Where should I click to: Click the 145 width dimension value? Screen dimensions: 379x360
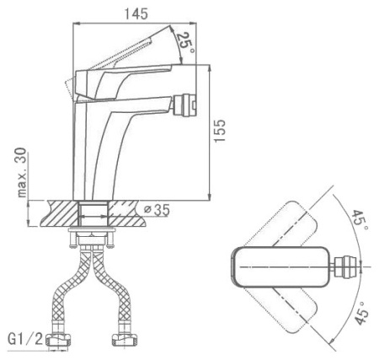tap(136, 13)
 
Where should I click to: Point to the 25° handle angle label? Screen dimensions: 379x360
tap(186, 43)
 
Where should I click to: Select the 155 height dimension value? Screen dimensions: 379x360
tap(220, 131)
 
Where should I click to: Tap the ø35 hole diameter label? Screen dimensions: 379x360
tap(157, 210)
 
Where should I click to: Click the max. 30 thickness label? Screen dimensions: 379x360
tap(21, 172)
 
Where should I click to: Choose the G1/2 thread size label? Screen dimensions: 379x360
tap(25, 339)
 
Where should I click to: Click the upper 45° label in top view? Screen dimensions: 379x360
tap(360, 220)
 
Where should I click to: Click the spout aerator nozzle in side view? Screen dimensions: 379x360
tap(184, 105)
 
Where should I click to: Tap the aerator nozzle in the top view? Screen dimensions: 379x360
tap(347, 266)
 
